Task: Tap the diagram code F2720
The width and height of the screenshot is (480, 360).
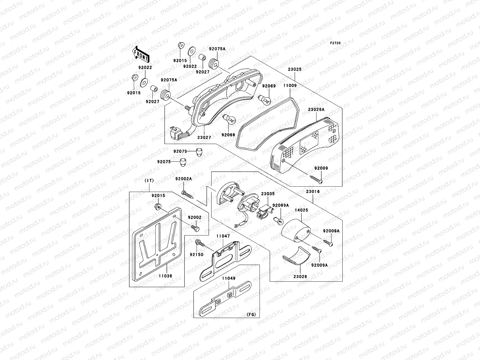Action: (336, 43)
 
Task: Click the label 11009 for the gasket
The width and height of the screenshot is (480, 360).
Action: (290, 85)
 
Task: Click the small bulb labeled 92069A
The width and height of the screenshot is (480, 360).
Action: (280, 221)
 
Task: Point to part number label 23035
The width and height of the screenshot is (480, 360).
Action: (268, 194)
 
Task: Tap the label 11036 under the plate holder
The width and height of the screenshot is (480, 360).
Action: (166, 276)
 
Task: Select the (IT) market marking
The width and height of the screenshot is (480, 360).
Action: (149, 180)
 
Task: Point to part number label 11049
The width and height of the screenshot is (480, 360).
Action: (229, 278)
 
